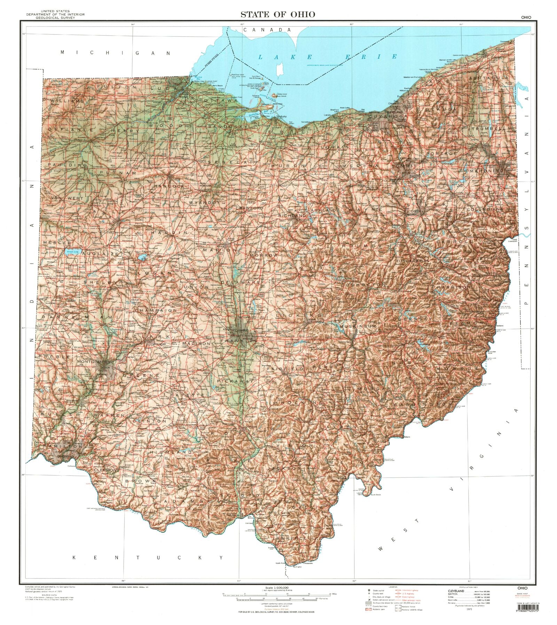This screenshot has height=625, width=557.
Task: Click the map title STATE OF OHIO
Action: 277,14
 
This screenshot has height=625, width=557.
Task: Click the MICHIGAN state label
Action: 116,53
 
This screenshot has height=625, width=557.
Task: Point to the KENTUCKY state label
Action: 148,558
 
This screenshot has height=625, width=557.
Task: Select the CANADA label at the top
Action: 267,30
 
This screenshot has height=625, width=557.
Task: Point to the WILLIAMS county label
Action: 67,101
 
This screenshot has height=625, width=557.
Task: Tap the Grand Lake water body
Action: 72,251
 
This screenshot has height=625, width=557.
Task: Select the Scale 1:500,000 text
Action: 276,588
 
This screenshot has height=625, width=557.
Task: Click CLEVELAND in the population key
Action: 456,592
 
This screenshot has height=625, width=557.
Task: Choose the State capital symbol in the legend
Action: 369,591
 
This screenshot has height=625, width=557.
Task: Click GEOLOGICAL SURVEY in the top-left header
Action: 57,17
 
